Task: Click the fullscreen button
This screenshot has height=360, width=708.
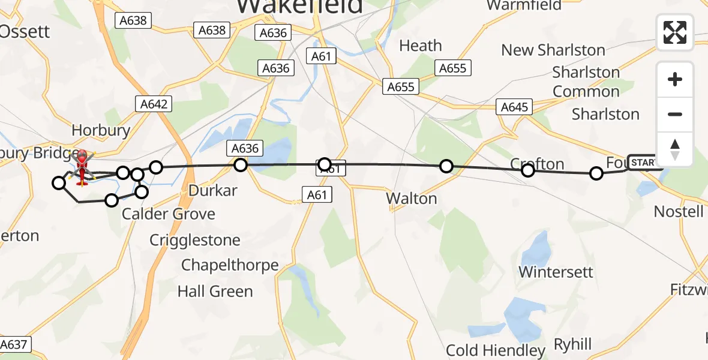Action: tap(675, 32)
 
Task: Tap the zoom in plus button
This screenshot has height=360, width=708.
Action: tap(675, 79)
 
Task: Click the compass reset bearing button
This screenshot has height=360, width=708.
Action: tap(675, 149)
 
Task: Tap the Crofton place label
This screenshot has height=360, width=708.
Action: tap(537, 164)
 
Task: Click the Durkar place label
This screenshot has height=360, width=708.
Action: tap(213, 191)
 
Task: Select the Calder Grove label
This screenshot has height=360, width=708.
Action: tap(169, 214)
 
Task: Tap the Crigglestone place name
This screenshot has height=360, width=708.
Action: tap(195, 241)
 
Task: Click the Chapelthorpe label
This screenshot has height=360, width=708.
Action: tap(230, 265)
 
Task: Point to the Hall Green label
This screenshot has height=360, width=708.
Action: tap(215, 292)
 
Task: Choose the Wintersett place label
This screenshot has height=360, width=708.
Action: tap(556, 272)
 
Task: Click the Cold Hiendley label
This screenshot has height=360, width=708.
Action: tap(496, 350)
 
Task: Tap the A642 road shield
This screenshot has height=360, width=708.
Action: tap(154, 104)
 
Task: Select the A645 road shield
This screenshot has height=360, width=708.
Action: tap(514, 107)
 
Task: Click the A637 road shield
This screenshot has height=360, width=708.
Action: tap(14, 345)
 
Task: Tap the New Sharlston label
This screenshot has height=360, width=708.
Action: tap(553, 50)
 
